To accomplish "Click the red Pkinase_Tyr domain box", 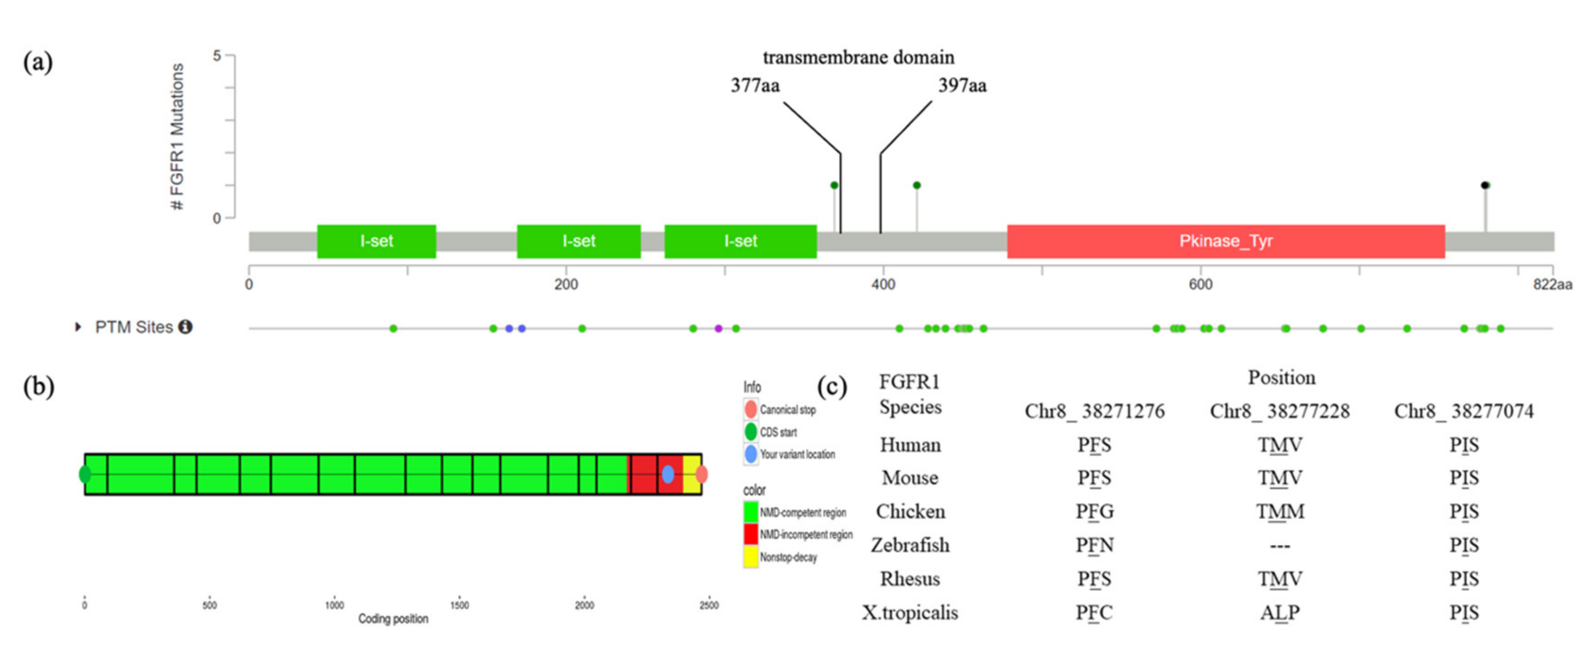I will point(1225,241).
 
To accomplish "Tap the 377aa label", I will point(755,85).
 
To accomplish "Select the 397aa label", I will point(962,85).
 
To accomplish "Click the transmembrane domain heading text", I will point(858,58).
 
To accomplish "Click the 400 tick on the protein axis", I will point(883,284).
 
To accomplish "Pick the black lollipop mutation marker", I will point(1484,185).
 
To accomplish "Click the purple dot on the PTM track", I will point(718,329).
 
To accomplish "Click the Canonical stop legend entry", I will point(787,410).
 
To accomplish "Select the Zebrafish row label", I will point(909,545).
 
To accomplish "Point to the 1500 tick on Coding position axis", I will point(459,605).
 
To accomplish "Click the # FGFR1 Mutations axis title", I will point(177,136).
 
